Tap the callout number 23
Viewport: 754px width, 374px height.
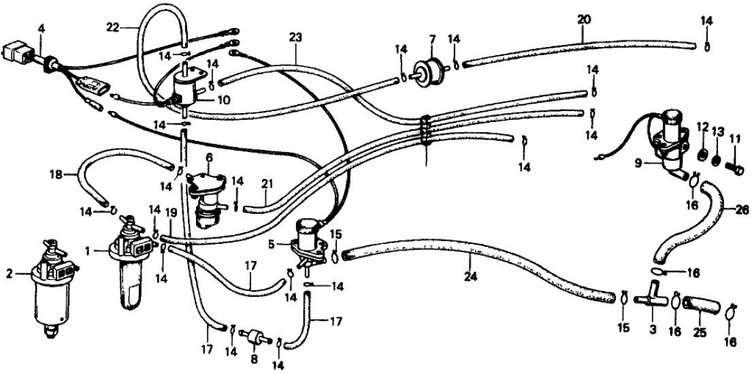(x=295, y=38)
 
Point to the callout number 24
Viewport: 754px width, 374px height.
(x=471, y=259)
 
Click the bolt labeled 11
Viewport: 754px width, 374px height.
(x=734, y=163)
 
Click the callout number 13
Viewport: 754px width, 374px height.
(x=717, y=126)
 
